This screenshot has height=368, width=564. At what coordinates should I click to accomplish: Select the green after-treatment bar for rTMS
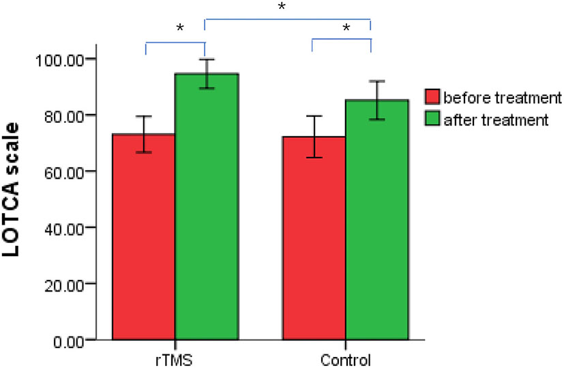pos(206,205)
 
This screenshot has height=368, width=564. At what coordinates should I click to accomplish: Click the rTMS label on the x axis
pos(175,358)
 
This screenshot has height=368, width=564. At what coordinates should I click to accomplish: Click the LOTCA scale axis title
pos(18,199)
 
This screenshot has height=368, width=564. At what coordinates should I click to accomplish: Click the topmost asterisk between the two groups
pos(282,7)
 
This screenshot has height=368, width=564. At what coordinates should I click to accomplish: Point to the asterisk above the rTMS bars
pos(180,29)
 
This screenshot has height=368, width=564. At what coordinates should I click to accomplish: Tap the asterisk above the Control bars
pos(346,29)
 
